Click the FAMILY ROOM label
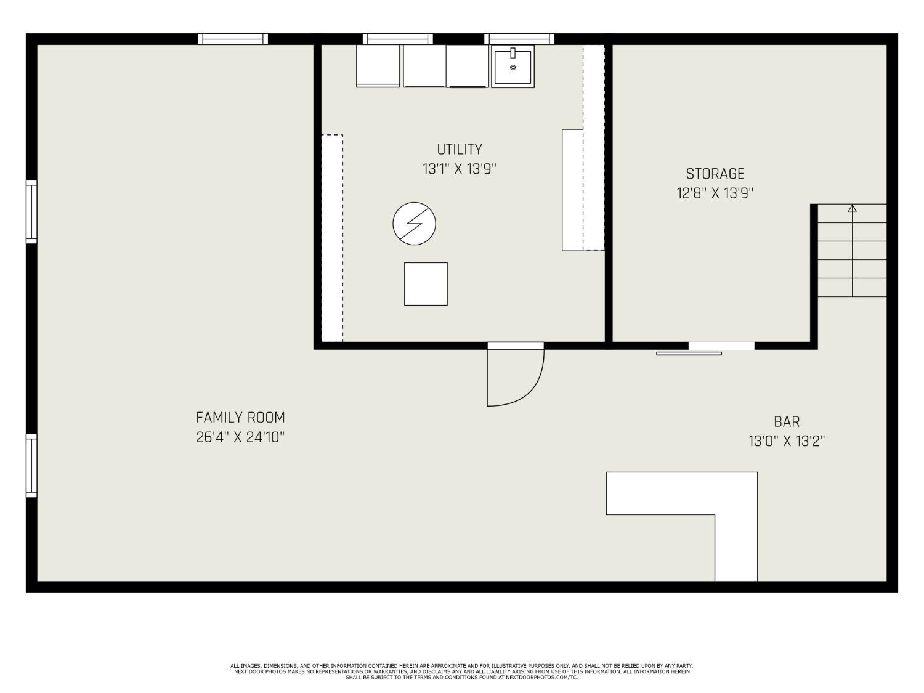point(240,418)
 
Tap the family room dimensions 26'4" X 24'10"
point(240,437)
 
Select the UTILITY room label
point(460,149)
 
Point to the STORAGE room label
point(715,174)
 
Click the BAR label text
point(787,421)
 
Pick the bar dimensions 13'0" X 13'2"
point(787,442)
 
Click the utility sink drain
point(513,67)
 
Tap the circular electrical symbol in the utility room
point(414,224)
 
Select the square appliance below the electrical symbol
point(426,284)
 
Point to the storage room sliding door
point(689,354)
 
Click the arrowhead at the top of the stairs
point(853,208)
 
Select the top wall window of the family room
point(233,39)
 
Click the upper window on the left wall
point(31,212)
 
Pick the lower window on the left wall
point(31,466)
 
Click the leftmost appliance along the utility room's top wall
point(378,66)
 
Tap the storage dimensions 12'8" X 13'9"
point(715,193)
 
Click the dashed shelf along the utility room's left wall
point(332,238)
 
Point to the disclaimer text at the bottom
point(462,671)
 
